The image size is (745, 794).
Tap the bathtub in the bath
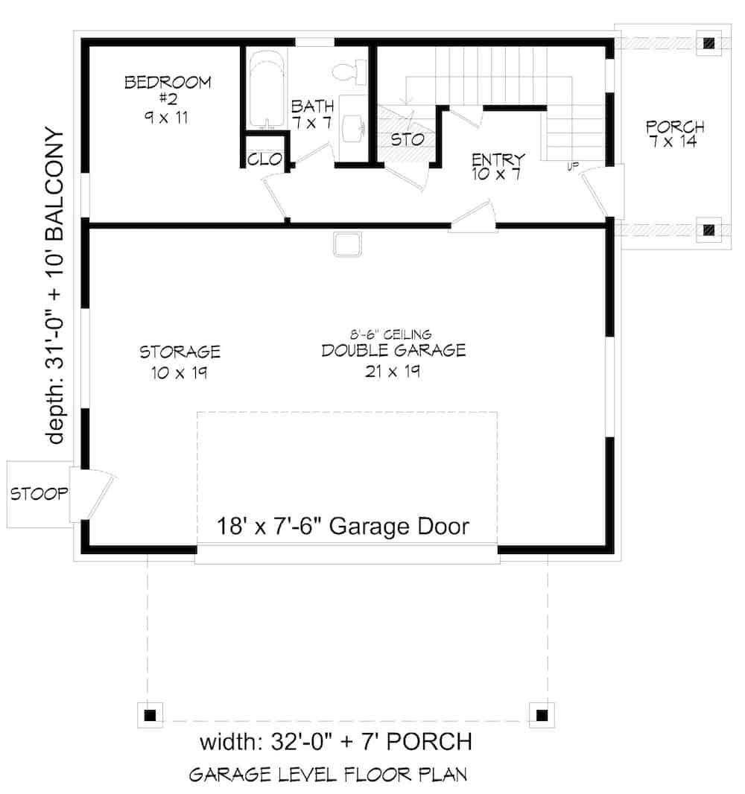265,90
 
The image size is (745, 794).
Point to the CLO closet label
263,159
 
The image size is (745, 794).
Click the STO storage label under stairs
408,139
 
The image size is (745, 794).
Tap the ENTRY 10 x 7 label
498,166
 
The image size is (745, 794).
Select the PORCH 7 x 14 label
675,134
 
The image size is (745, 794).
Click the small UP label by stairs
573,165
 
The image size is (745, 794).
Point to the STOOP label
39,493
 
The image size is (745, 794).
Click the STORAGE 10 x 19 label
179,361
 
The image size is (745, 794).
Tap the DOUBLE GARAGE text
393,350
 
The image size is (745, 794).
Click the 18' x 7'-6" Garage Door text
343,527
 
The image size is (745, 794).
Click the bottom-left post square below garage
150,715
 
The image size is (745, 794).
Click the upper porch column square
708,42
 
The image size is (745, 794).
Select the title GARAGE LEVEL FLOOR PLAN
328,775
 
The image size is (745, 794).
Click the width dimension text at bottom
335,743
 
